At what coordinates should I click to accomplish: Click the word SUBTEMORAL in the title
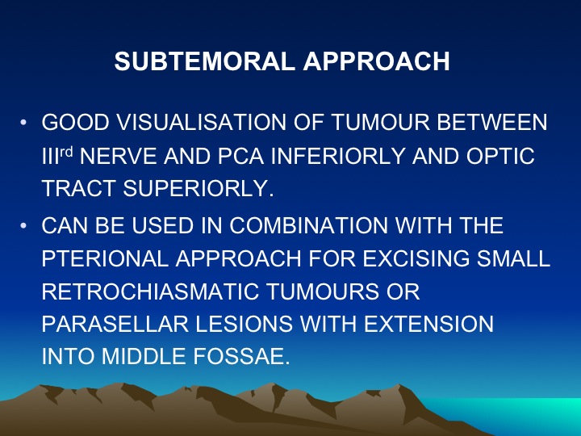205,61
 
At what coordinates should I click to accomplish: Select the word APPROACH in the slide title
377,61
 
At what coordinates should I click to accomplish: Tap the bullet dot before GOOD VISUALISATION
23,123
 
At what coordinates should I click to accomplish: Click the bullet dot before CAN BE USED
23,225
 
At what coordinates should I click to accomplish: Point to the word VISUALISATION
202,123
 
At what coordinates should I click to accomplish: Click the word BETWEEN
492,123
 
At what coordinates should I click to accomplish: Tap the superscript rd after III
66,151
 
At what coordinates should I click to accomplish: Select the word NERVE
118,156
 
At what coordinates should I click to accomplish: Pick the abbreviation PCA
240,156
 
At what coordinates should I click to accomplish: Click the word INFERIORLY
338,156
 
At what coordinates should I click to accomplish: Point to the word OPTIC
500,156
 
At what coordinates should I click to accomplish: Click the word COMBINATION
308,225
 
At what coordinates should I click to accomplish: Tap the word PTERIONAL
105,258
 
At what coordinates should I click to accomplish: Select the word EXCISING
416,258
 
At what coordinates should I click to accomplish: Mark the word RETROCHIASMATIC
150,291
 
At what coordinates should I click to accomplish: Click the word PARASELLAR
115,324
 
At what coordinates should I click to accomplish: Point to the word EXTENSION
429,324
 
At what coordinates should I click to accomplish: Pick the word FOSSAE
241,356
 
